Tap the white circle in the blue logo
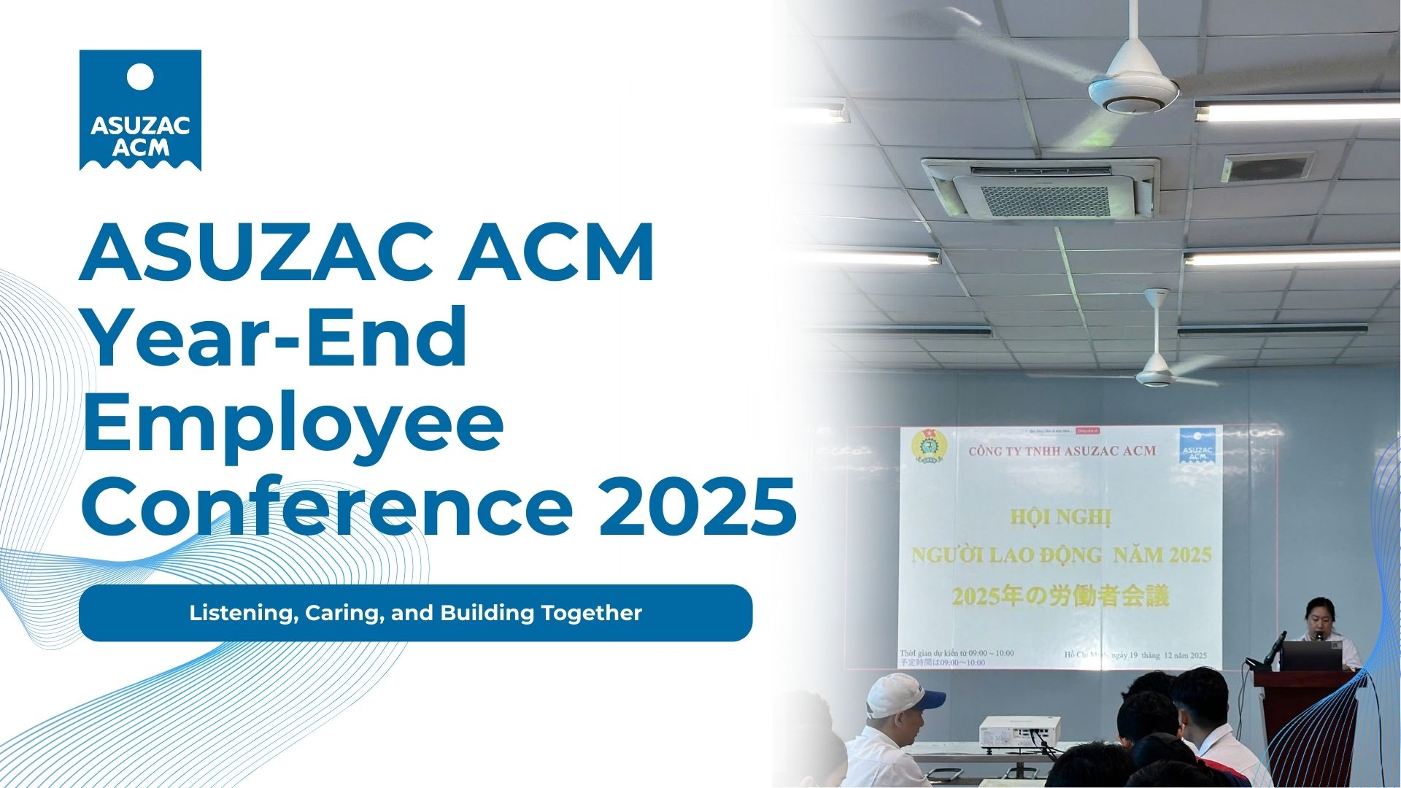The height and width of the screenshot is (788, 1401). coord(140,76)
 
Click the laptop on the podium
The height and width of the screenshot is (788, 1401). coord(1311,655)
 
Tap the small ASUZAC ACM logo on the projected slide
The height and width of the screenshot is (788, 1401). coord(1197,447)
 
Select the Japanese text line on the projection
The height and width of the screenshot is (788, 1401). coord(1060,597)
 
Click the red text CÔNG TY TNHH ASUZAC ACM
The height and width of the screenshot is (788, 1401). coord(1062,451)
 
